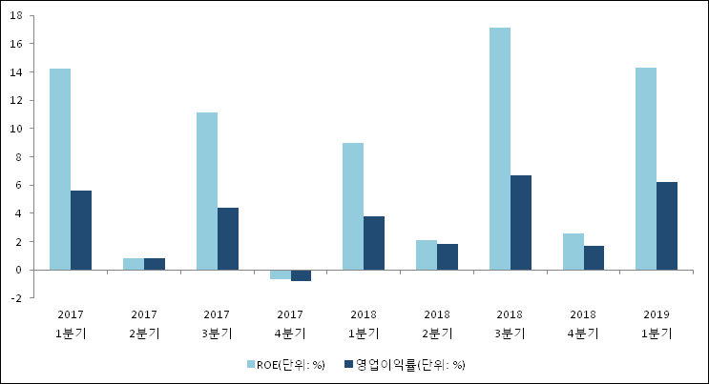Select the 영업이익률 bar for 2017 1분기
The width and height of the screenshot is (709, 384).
(x=81, y=230)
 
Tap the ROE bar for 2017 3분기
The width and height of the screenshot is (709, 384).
(x=207, y=191)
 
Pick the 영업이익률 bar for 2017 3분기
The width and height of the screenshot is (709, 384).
(x=228, y=238)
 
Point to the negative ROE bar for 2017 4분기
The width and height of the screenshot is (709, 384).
(x=281, y=274)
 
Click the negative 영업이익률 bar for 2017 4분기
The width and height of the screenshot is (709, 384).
(x=301, y=275)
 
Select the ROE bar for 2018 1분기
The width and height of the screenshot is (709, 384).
(x=353, y=206)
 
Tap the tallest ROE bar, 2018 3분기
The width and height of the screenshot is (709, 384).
(x=500, y=149)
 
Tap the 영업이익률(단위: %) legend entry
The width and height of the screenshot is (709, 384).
(x=410, y=365)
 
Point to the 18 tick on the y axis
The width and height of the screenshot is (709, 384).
(x=19, y=16)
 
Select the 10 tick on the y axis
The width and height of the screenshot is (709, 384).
(x=19, y=129)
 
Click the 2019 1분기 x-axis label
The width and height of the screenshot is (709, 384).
(x=657, y=323)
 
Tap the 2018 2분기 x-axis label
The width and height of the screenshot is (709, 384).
(x=437, y=323)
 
